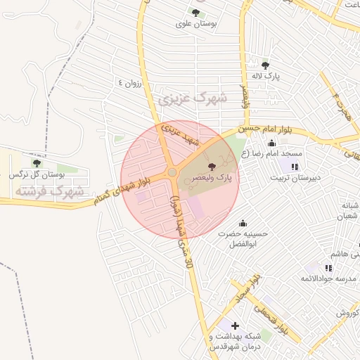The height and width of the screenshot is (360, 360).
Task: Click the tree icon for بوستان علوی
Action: [x=195, y=13]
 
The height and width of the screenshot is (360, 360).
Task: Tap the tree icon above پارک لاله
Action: [x=265, y=65]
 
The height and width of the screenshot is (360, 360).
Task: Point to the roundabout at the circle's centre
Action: [x=172, y=172]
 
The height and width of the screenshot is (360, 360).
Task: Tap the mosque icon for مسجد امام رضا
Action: [x=272, y=143]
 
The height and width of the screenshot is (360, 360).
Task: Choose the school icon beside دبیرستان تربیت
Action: [x=294, y=167]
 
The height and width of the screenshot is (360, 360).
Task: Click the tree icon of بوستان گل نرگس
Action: [x=37, y=162]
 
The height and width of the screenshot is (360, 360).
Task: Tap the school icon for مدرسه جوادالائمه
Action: [x=328, y=268]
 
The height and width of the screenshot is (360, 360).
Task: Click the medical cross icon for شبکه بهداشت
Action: [x=234, y=326]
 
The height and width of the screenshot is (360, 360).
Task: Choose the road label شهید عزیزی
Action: [x=181, y=135]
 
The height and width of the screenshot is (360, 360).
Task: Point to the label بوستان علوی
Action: [x=197, y=24]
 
